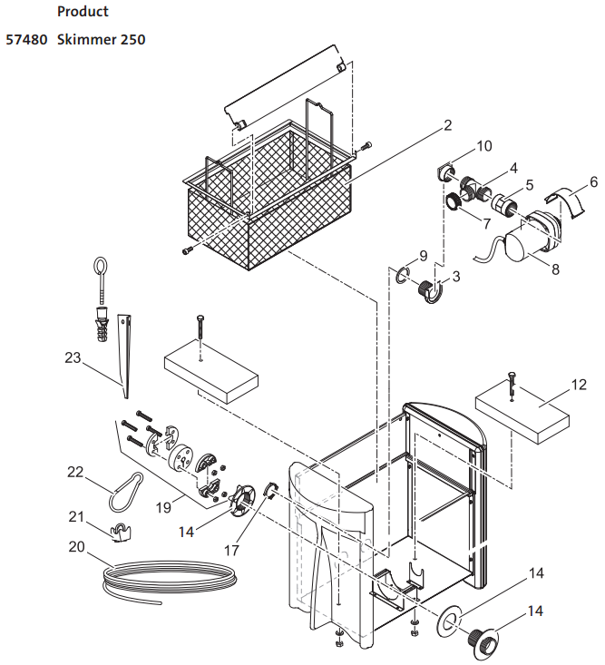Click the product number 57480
pos(27,40)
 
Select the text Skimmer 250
pos(101,40)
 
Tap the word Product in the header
pos(83,12)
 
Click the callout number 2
pos(448,126)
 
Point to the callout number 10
pos(483,146)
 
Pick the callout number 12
pos(579,385)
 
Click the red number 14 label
pos(186,532)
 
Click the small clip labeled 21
pos(121,531)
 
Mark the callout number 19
pos(163,507)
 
